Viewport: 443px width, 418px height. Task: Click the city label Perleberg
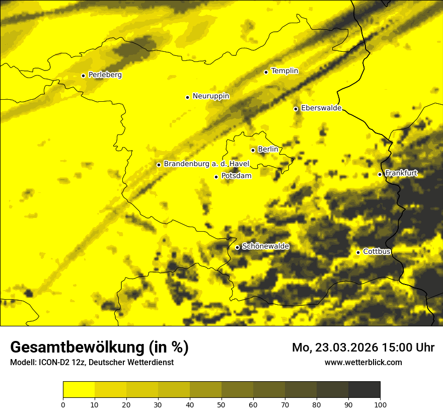105,75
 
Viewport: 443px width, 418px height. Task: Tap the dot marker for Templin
266,72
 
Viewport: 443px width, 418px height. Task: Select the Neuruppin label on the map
210,96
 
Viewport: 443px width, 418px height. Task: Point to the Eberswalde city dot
296,109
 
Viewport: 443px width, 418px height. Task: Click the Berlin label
268,150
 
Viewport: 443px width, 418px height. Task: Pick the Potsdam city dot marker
216,177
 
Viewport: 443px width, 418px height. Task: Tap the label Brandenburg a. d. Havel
206,164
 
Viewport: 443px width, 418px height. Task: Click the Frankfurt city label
401,173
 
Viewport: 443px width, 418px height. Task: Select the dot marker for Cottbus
358,252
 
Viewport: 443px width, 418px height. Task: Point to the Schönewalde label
265,247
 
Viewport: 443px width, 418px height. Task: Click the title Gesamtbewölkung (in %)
99,347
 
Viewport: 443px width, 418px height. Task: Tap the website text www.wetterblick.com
363,362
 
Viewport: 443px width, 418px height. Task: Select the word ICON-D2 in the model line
54,362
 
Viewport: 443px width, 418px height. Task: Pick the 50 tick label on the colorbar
221,404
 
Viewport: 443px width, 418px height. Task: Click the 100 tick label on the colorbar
380,404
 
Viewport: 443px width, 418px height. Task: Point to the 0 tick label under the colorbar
63,404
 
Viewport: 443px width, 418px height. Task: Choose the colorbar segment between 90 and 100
364,389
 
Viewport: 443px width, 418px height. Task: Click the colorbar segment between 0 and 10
79,389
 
